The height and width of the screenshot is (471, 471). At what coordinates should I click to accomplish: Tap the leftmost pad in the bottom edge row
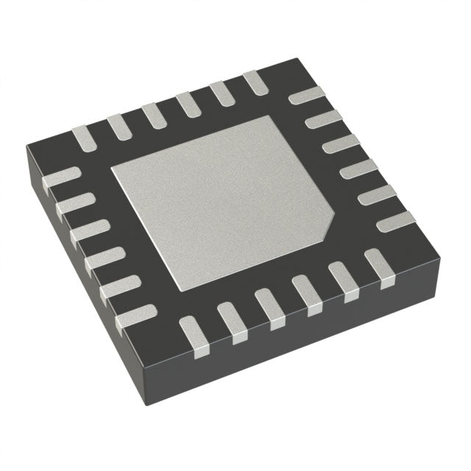tap(192, 336)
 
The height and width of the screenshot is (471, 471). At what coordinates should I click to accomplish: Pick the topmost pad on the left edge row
tap(62, 178)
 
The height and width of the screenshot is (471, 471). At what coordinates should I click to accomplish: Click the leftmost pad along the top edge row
tap(82, 135)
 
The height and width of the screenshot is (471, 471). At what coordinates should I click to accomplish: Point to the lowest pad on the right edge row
tap(394, 219)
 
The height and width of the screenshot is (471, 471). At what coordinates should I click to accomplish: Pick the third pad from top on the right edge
tap(341, 144)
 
